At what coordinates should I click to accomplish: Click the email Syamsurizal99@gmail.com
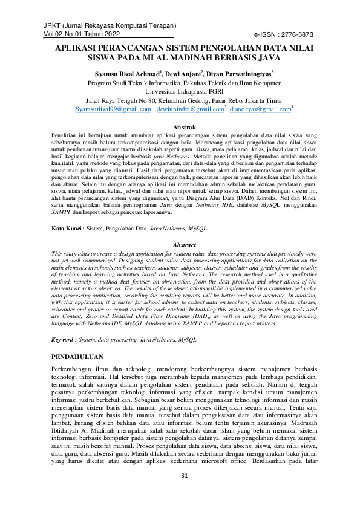coord(112,109)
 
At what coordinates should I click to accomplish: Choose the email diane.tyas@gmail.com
coord(261,109)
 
